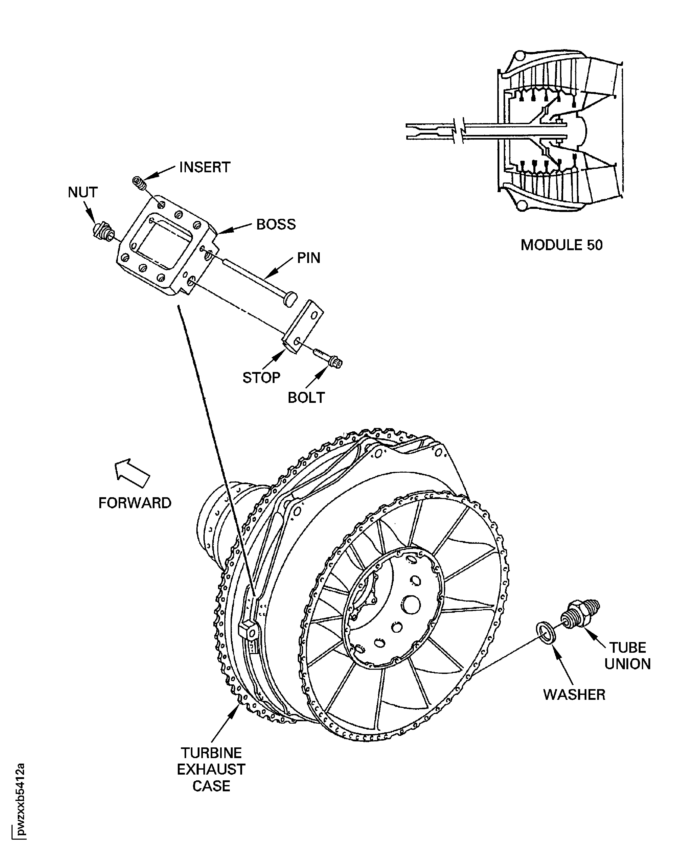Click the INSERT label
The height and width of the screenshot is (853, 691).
point(205,167)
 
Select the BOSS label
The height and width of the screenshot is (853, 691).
point(276,225)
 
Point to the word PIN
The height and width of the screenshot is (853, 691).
point(309,258)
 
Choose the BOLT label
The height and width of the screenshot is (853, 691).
point(306,398)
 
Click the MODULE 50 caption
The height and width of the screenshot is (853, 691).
point(561,245)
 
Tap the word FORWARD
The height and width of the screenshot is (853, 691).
point(135,503)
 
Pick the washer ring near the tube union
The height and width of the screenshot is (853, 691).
point(546,632)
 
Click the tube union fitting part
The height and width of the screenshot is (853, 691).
point(580,614)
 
